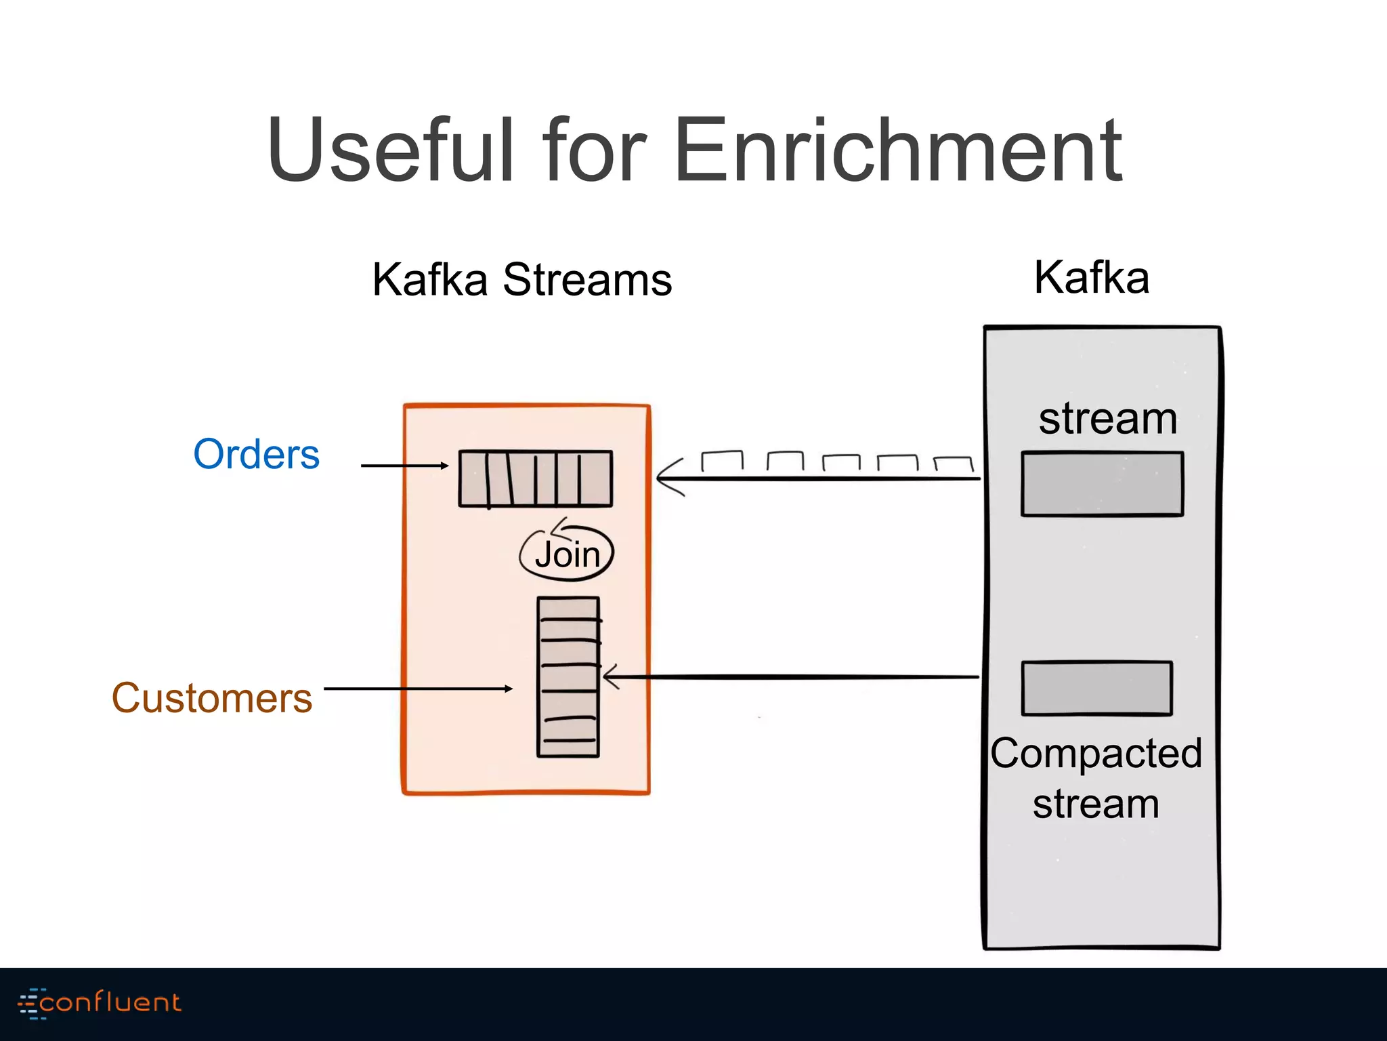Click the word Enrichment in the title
click(899, 150)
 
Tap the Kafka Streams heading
click(521, 279)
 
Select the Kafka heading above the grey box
click(1091, 278)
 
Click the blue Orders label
click(256, 454)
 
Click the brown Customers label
click(212, 698)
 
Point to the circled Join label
click(567, 554)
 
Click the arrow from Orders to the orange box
click(404, 466)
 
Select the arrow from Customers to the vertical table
click(418, 689)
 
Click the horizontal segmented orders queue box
click(535, 478)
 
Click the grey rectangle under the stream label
click(1102, 484)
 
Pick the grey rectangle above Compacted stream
click(1096, 688)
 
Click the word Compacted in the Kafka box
click(1096, 754)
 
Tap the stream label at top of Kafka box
click(1108, 419)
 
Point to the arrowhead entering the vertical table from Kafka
click(610, 676)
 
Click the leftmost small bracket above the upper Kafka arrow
click(722, 460)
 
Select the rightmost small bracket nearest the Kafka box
click(953, 464)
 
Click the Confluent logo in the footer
click(100, 1002)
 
